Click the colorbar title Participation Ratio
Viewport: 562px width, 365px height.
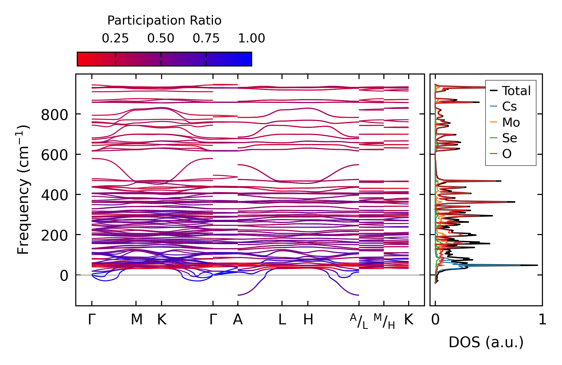[x=164, y=21]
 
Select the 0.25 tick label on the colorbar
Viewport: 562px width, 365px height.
[x=115, y=38]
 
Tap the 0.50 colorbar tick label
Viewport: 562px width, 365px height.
[x=161, y=38]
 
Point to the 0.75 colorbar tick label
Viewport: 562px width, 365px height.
[x=206, y=38]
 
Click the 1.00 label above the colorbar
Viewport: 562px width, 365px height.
[x=251, y=38]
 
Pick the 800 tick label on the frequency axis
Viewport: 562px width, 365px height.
[x=54, y=115]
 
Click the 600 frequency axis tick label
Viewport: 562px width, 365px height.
[x=54, y=155]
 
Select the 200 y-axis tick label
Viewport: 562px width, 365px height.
[x=54, y=236]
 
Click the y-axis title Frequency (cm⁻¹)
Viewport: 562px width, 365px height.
[x=23, y=190]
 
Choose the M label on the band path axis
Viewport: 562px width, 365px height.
[x=136, y=320]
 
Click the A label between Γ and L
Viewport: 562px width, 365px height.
[x=238, y=320]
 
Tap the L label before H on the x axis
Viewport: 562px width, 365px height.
[x=282, y=320]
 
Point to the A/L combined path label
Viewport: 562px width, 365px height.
[x=359, y=321]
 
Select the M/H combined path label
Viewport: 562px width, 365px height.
[x=384, y=321]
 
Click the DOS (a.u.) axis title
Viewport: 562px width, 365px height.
[x=486, y=342]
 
